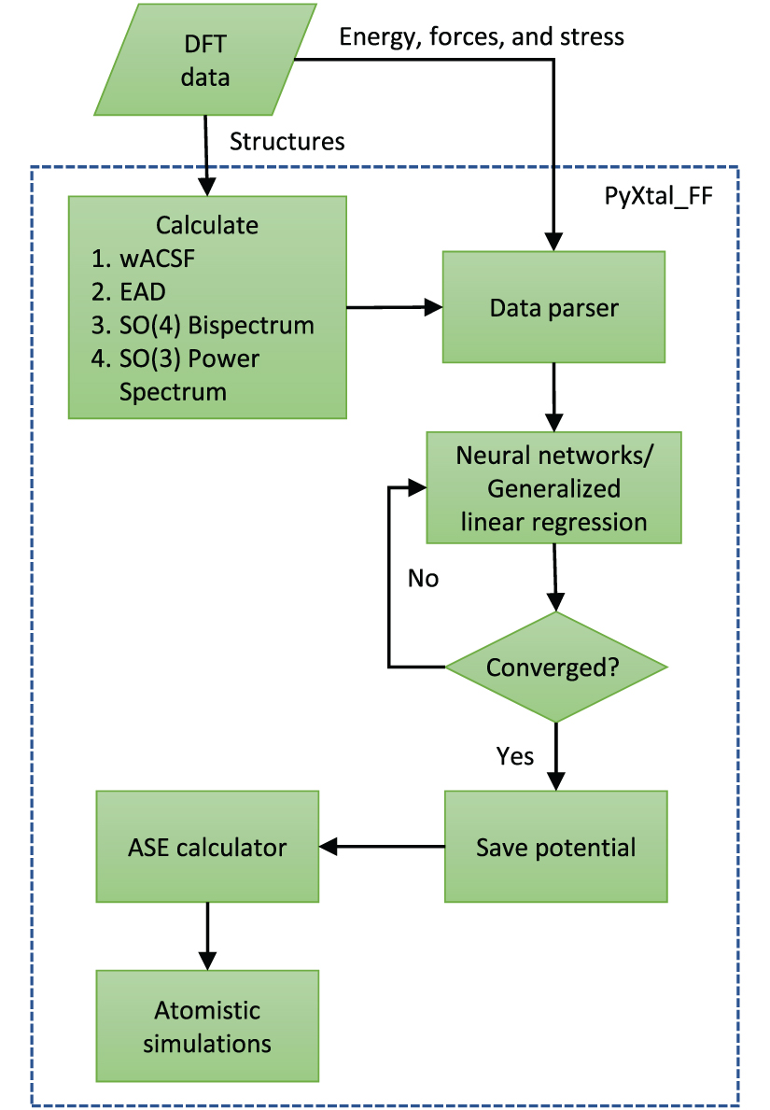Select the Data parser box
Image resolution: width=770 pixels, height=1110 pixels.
(x=553, y=307)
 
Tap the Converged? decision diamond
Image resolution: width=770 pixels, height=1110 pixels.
(x=555, y=667)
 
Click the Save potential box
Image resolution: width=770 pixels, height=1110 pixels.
(x=555, y=847)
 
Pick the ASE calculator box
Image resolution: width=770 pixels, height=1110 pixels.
(x=207, y=847)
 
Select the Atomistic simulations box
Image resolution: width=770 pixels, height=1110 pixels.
(x=207, y=1026)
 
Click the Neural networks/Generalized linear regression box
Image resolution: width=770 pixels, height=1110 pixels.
(x=554, y=487)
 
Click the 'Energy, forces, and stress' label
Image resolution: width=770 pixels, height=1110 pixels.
(x=481, y=36)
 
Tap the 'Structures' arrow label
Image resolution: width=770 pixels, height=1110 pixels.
(x=287, y=141)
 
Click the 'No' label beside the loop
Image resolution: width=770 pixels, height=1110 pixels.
(x=423, y=578)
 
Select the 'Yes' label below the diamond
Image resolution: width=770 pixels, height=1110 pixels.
(x=515, y=755)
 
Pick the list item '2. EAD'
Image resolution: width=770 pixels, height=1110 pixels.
(x=142, y=291)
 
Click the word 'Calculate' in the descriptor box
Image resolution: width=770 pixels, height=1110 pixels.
(x=206, y=225)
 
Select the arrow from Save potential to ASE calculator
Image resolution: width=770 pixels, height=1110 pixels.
(x=382, y=847)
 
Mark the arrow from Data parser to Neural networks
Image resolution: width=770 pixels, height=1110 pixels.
(x=554, y=397)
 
